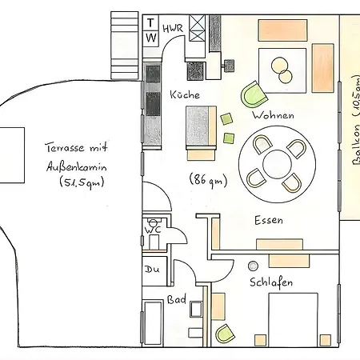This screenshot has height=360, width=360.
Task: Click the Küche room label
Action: coord(185,94)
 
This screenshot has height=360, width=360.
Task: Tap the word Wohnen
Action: coord(274,115)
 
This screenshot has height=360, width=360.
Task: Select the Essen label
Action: coord(269,221)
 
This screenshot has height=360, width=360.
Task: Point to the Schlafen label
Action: coord(271,282)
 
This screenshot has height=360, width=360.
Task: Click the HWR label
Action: coord(173,28)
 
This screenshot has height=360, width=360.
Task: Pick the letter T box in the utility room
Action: coord(150,23)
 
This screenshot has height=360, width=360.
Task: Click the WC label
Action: coord(153,230)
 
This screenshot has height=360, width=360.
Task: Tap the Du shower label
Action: coord(152,270)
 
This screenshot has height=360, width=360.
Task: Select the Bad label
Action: coord(176,299)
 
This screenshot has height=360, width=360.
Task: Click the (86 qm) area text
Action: coord(208,180)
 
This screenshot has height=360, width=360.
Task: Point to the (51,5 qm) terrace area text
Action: coord(82,182)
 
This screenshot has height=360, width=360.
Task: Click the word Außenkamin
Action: coord(77,167)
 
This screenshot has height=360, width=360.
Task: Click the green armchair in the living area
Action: coord(254,94)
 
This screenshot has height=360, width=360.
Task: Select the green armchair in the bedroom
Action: coord(225,334)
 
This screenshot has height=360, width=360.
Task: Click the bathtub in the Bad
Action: coord(153,323)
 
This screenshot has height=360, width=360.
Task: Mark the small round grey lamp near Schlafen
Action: coord(253,266)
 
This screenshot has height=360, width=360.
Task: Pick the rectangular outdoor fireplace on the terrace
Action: coord(12,155)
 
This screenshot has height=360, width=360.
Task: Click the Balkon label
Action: coord(356,121)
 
